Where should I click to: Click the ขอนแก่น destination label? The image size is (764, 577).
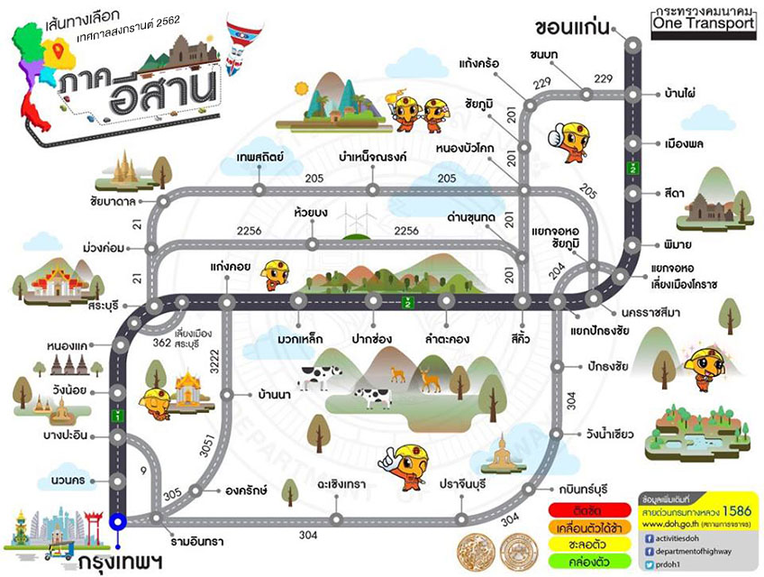pos(575,23)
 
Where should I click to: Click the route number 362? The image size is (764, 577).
pos(162,343)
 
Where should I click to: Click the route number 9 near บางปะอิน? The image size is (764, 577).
pos(142,470)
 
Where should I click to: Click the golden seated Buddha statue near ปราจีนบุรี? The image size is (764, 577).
pos(501,454)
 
